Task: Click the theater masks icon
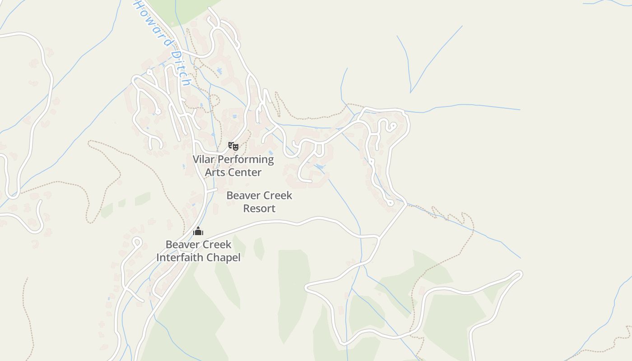[x=233, y=146]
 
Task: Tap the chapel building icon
[x=198, y=231]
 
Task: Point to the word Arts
[x=215, y=172]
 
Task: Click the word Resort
[x=259, y=208]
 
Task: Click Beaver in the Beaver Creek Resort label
[x=242, y=195]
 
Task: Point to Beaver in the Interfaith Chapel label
[x=181, y=245]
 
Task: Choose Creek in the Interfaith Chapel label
[x=216, y=245]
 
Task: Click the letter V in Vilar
[x=196, y=159]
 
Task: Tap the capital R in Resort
[x=247, y=208]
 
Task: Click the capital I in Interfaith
[x=158, y=258]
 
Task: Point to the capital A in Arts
[x=209, y=172]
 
